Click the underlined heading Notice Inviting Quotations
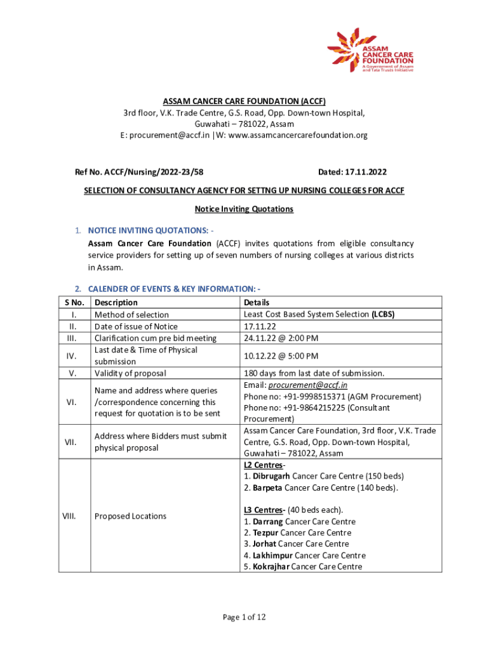pyautogui.click(x=244, y=209)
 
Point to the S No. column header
pyautogui.click(x=75, y=303)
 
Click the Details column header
pyautogui.click(x=257, y=303)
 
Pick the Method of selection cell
pyautogui.click(x=131, y=315)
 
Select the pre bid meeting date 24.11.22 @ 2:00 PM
pyautogui.click(x=281, y=338)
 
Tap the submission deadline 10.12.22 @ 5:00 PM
pyautogui.click(x=281, y=356)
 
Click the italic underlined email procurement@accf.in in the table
pyautogui.click(x=308, y=385)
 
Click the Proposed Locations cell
pyautogui.click(x=130, y=516)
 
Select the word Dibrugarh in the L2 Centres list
pyautogui.click(x=271, y=476)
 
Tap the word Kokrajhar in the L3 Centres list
pyautogui.click(x=271, y=566)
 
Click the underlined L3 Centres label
pyautogui.click(x=264, y=510)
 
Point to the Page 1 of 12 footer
pyautogui.click(x=244, y=617)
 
